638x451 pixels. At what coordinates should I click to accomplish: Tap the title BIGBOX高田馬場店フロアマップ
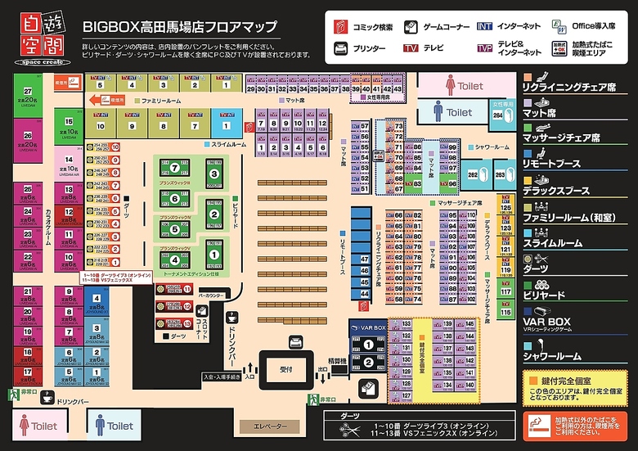coord(179,26)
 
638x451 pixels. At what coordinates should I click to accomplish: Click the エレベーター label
coord(270,426)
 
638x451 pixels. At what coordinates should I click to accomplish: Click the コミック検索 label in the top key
coord(372,27)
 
